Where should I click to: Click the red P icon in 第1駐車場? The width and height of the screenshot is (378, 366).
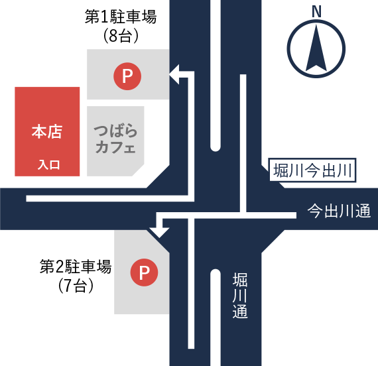click(x=127, y=76)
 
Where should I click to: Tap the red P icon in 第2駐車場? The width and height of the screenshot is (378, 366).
click(x=144, y=273)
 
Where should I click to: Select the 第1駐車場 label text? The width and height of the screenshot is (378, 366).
click(x=121, y=17)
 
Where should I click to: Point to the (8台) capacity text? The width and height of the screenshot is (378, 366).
click(x=121, y=36)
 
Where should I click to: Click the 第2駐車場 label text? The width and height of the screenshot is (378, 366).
click(x=76, y=267)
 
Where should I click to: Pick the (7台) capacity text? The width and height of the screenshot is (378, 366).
click(x=76, y=286)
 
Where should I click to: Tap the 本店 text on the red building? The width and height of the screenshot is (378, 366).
click(x=47, y=132)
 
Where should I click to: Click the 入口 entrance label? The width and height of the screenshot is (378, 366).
click(x=48, y=165)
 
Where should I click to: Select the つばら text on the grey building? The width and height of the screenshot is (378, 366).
click(x=115, y=131)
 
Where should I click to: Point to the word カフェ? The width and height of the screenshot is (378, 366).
click(x=115, y=147)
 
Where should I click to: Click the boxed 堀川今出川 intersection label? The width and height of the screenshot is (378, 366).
click(x=312, y=170)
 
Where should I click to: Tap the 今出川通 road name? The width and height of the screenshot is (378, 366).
click(x=339, y=211)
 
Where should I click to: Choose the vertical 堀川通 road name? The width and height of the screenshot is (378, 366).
click(x=240, y=295)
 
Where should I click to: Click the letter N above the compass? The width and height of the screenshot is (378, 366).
click(x=316, y=11)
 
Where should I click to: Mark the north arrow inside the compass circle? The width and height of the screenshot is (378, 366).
click(x=316, y=48)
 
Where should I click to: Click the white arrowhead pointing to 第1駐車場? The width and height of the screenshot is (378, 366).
click(x=174, y=74)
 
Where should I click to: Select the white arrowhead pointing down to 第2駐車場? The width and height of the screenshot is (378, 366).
click(x=159, y=233)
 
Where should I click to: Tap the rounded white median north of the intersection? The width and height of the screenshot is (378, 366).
click(x=216, y=76)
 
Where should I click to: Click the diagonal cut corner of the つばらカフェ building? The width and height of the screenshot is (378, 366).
click(x=138, y=170)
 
